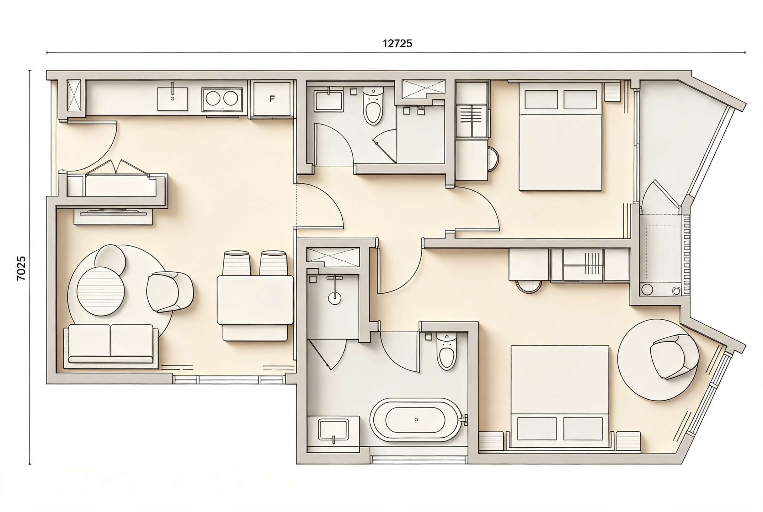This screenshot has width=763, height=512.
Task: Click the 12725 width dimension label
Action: pos(397,43)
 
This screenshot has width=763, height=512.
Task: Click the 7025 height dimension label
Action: pos(21,269)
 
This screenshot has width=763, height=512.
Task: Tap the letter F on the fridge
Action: pos(272,99)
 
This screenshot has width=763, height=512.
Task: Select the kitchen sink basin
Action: pos(173,99)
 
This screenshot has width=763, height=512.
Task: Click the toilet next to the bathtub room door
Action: pos(446,352)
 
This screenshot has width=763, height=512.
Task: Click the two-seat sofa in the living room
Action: pos(111,344)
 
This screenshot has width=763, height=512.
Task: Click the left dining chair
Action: pos(236,263)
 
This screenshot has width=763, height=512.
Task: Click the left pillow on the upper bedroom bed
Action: pos(541,99)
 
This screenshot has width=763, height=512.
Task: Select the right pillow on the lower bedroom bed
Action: pos(583,428)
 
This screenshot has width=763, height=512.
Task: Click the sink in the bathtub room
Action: pos(333,431)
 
